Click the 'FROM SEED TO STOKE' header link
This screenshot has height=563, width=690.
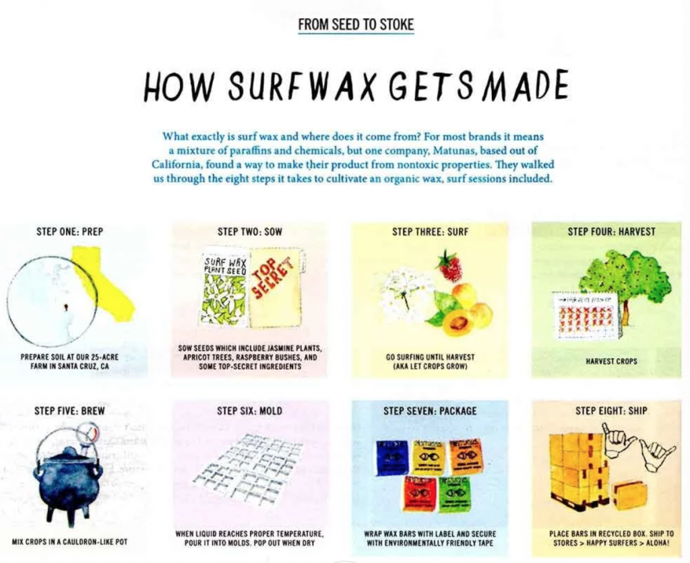[x=356, y=25]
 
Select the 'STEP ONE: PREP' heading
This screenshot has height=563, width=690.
[x=69, y=232]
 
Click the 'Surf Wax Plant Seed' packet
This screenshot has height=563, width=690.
[x=224, y=288]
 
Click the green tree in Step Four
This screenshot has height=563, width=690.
[x=623, y=277]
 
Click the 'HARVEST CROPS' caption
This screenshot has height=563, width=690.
[x=611, y=362]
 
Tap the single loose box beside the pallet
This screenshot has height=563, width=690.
[x=629, y=496]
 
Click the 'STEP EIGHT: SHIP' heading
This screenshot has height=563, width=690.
[x=611, y=411]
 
